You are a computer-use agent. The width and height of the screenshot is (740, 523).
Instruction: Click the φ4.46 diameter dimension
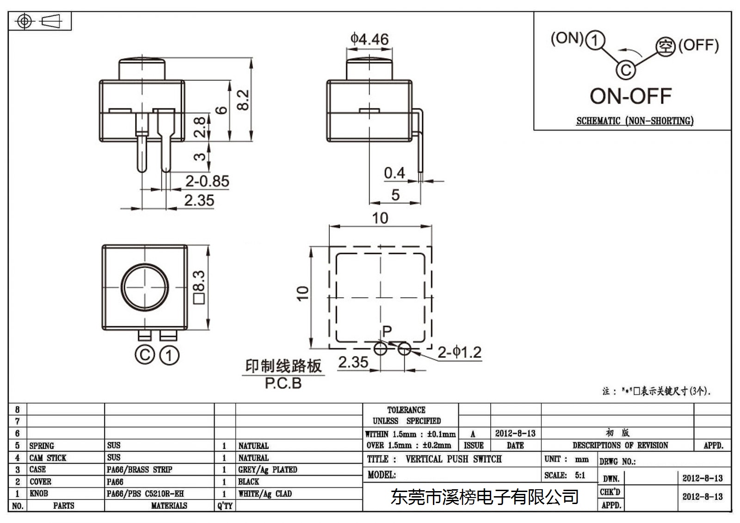point(370,39)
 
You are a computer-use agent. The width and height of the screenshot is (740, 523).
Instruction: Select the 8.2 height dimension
point(243,99)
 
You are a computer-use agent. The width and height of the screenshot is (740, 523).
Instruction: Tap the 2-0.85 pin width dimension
point(207,181)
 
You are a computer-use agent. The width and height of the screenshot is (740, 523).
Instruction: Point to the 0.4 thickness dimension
point(395,173)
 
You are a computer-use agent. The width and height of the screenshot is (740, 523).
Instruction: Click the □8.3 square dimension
point(199,287)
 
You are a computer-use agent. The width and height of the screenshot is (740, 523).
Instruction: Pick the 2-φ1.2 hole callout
point(460,352)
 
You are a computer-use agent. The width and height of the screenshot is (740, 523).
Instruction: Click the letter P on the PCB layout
point(387,330)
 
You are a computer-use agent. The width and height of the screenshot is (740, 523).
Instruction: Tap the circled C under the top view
point(145,355)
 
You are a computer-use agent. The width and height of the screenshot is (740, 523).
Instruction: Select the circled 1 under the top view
point(169,355)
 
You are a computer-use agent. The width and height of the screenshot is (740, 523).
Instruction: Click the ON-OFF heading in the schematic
point(631,96)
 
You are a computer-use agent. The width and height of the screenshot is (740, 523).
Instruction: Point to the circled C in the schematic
point(625,70)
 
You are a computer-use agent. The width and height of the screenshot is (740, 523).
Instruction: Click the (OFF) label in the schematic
point(698,45)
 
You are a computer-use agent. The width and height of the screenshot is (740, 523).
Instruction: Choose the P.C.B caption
point(283,383)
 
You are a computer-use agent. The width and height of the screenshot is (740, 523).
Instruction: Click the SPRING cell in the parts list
point(42,446)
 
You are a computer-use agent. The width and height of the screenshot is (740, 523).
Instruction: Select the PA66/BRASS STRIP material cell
point(139,469)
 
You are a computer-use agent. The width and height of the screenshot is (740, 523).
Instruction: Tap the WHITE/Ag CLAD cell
point(265,493)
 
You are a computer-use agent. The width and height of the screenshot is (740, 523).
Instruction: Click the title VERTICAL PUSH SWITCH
point(454,459)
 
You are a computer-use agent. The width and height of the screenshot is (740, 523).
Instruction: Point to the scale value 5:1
point(580,475)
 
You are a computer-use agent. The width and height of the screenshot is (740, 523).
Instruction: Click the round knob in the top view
point(145,287)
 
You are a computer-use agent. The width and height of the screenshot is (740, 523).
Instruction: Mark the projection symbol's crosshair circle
point(25,21)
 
